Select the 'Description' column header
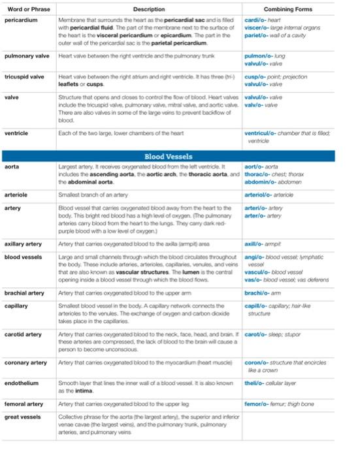click(148, 10)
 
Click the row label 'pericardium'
click(20, 21)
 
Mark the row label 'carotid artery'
click(24, 334)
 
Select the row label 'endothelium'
click(22, 383)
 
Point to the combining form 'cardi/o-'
click(255, 21)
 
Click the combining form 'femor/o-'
click(257, 404)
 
